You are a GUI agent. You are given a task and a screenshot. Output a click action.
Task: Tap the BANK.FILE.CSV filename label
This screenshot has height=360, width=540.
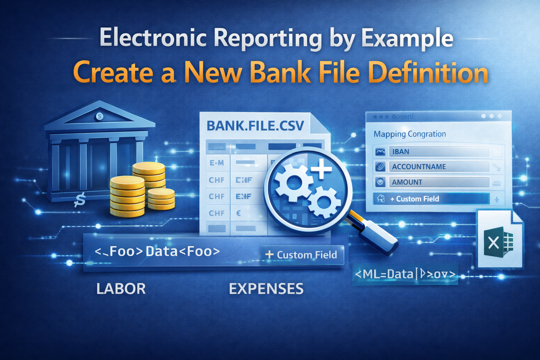click(x=255, y=126)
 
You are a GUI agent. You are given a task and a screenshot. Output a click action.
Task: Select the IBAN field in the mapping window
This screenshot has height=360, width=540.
click(x=439, y=152)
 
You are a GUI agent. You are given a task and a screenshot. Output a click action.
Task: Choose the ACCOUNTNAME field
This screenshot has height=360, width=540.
click(x=439, y=167)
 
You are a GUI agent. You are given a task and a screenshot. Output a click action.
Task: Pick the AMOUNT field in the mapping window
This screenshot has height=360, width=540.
click(x=439, y=182)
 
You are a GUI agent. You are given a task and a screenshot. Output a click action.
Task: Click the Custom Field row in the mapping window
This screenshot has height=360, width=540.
click(x=432, y=199)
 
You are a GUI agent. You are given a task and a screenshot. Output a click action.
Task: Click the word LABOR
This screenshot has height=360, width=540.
click(x=121, y=289)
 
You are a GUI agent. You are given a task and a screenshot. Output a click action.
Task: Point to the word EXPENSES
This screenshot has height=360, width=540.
click(x=266, y=289)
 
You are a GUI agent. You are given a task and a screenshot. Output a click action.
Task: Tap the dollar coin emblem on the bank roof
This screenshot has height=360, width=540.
click(x=100, y=116)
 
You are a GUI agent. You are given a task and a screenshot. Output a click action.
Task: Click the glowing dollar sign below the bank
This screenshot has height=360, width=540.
click(x=80, y=200)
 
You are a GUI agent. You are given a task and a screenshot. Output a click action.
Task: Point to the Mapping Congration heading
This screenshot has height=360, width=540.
click(x=410, y=134)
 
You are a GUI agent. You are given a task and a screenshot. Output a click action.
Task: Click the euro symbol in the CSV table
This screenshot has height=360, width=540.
click(x=239, y=213)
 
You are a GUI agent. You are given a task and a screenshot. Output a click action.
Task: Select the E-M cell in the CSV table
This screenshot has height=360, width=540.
click(x=217, y=163)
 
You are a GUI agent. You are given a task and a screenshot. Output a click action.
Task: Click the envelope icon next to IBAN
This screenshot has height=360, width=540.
click(x=380, y=152)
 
